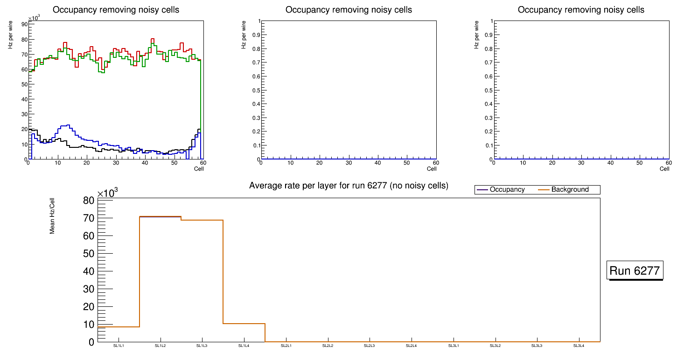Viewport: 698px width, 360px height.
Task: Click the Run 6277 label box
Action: click(635, 270)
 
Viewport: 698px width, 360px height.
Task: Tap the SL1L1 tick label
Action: click(119, 346)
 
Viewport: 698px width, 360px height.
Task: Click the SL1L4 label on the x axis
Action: click(244, 346)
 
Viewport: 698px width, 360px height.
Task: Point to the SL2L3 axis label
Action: click(370, 346)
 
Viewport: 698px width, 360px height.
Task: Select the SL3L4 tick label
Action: click(579, 346)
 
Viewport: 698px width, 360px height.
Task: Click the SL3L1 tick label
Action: click(453, 346)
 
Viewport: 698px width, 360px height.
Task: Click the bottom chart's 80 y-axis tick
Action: click(89, 201)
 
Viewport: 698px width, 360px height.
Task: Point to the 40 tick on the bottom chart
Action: click(89, 271)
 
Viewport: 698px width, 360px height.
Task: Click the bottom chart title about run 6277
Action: click(349, 186)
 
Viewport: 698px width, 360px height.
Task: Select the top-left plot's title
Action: click(116, 10)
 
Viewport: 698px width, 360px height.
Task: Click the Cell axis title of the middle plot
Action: click(432, 169)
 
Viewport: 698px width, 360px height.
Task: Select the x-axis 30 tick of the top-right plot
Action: click(581, 163)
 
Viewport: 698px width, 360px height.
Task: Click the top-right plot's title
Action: click(581, 10)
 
